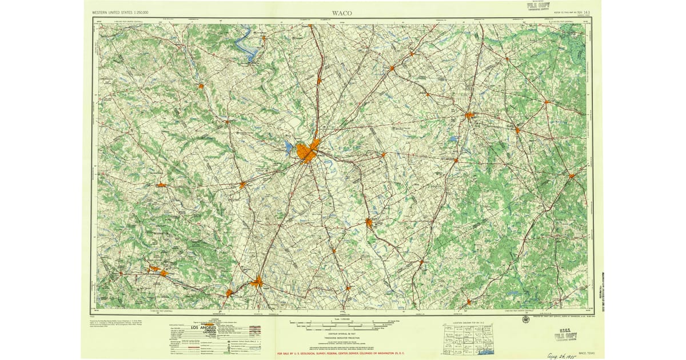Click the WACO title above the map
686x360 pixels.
tap(342, 13)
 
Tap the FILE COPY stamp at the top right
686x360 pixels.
tap(540, 6)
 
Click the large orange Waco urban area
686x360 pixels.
tap(308, 151)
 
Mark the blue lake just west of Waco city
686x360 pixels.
tap(289, 149)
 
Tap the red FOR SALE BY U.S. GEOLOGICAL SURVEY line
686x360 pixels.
tap(340, 354)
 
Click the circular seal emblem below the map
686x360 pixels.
tap(525, 319)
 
